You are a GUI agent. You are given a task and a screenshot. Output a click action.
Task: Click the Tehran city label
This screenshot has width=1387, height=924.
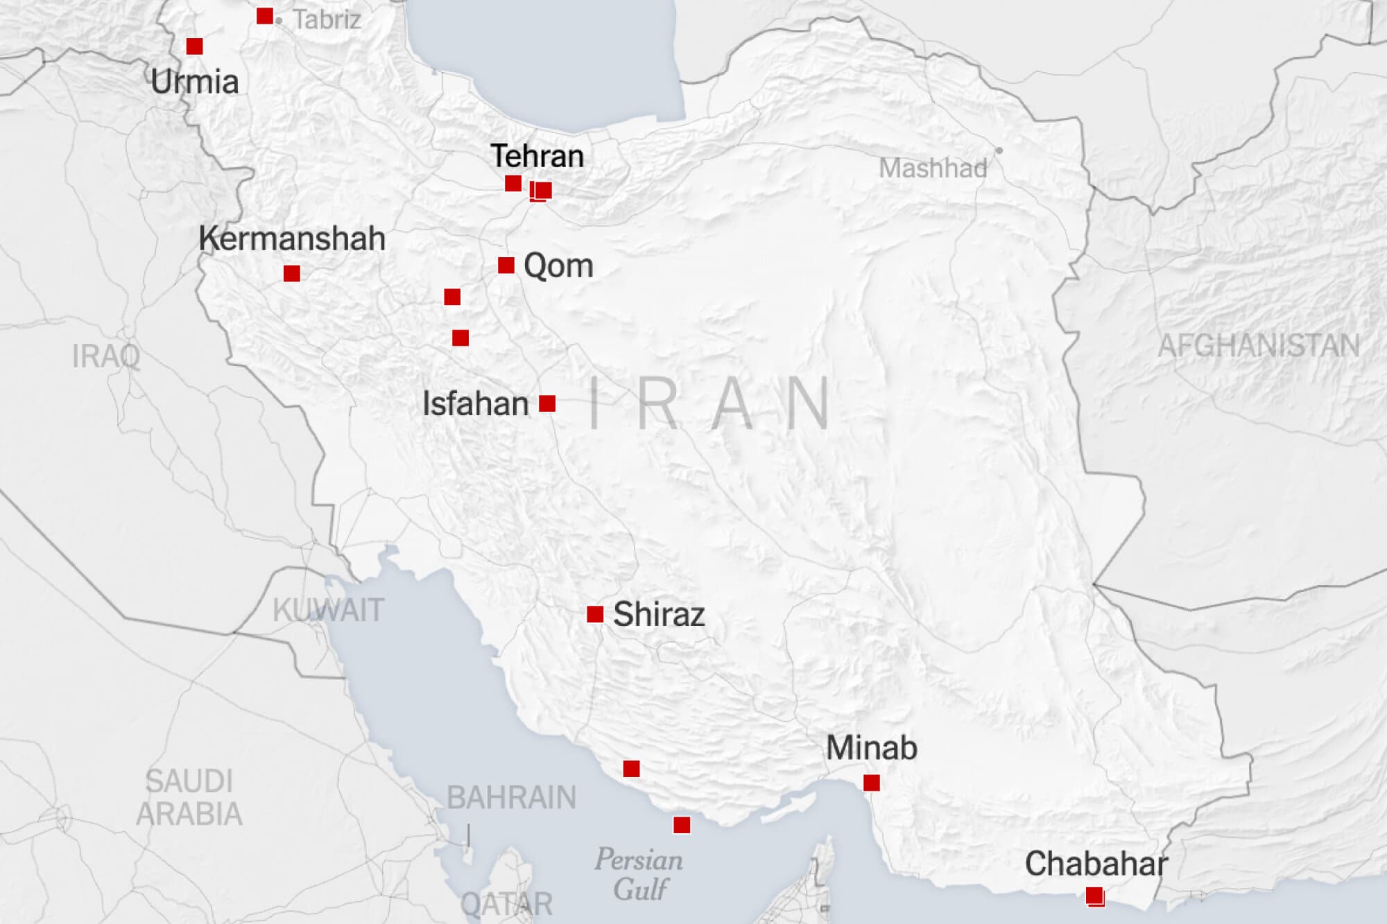(537, 156)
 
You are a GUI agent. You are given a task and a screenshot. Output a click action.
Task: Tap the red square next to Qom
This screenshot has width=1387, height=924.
(506, 265)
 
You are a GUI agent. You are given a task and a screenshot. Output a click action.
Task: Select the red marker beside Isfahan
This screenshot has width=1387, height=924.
(547, 403)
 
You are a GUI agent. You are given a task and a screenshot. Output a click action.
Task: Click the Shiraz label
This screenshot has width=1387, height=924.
(659, 614)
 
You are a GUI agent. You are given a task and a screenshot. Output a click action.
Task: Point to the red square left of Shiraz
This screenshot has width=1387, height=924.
(595, 614)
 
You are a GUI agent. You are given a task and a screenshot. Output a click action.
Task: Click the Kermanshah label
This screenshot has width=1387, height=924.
(292, 238)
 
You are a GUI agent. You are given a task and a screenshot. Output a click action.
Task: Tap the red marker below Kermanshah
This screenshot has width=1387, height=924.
(292, 274)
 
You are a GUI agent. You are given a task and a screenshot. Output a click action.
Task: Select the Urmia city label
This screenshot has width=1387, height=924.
(194, 82)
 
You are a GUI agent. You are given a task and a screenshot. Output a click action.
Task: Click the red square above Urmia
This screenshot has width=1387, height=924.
(195, 46)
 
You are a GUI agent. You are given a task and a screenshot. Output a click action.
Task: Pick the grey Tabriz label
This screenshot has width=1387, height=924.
(327, 19)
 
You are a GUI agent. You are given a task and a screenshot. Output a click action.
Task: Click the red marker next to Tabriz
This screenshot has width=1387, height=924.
(265, 16)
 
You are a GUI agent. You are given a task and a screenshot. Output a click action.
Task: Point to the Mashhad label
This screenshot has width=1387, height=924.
(933, 168)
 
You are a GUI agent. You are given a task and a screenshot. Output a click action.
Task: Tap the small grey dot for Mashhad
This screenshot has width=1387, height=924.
(999, 150)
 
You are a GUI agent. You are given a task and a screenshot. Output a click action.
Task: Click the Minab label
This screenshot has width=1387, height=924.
(872, 748)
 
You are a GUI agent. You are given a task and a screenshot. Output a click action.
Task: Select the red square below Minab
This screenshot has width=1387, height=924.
(872, 783)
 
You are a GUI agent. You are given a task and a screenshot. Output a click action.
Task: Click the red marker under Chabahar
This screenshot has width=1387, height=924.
(1095, 896)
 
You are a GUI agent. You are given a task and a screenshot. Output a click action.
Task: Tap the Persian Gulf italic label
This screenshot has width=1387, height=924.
(639, 874)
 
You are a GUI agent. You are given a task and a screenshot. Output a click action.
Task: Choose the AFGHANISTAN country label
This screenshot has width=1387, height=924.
(1259, 346)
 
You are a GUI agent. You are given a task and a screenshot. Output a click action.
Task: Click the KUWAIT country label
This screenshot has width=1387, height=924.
(328, 611)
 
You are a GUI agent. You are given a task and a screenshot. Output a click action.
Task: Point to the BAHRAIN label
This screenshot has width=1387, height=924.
(511, 798)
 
